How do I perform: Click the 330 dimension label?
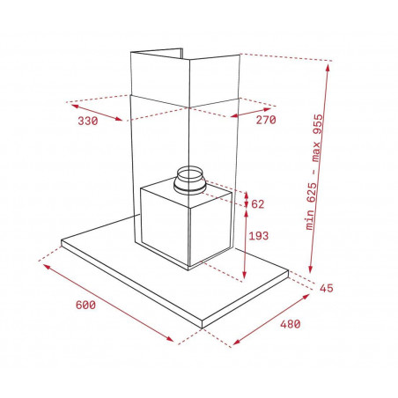(88, 121)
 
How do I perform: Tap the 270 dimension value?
(266, 120)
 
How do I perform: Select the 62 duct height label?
(258, 204)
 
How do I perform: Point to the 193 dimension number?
(259, 235)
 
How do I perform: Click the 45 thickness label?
(327, 288)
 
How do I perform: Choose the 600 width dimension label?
(85, 305)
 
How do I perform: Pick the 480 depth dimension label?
(291, 324)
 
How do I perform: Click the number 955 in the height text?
(318, 124)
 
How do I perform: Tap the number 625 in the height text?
(312, 193)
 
